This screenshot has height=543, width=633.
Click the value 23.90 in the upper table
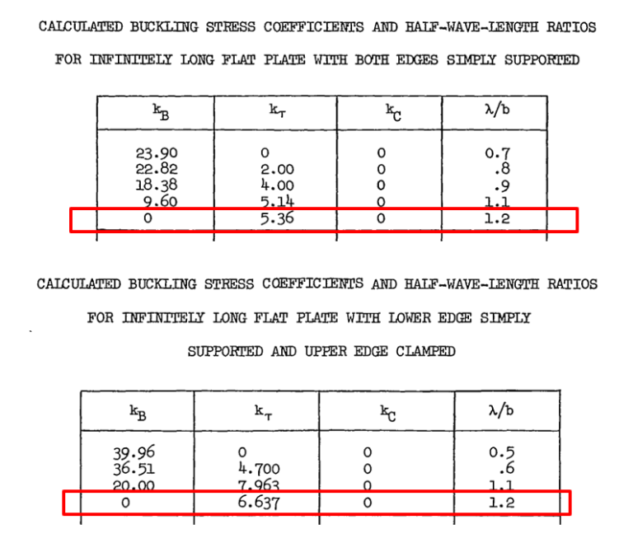point(157,153)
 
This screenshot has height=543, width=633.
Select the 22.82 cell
point(157,169)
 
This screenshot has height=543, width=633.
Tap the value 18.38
point(157,185)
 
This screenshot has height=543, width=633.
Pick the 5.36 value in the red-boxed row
point(277,218)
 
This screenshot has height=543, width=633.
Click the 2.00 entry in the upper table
point(277,169)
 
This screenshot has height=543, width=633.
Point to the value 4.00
point(277,185)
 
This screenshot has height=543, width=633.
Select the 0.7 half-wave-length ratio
point(497,153)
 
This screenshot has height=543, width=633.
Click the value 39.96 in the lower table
point(134,452)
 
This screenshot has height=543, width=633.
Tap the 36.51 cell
point(134,469)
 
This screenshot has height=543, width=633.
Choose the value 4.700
point(259,469)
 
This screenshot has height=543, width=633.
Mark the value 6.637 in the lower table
point(258,503)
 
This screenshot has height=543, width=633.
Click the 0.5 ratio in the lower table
point(502,452)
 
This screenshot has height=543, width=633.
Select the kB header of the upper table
point(161,112)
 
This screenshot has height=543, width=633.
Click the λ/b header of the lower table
point(501,410)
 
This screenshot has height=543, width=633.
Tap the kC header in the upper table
point(393,112)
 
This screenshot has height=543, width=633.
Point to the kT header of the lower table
point(263,412)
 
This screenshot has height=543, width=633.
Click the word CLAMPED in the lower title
point(425,351)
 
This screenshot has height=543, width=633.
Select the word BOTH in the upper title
point(372,60)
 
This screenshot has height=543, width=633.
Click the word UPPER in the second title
point(326,351)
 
